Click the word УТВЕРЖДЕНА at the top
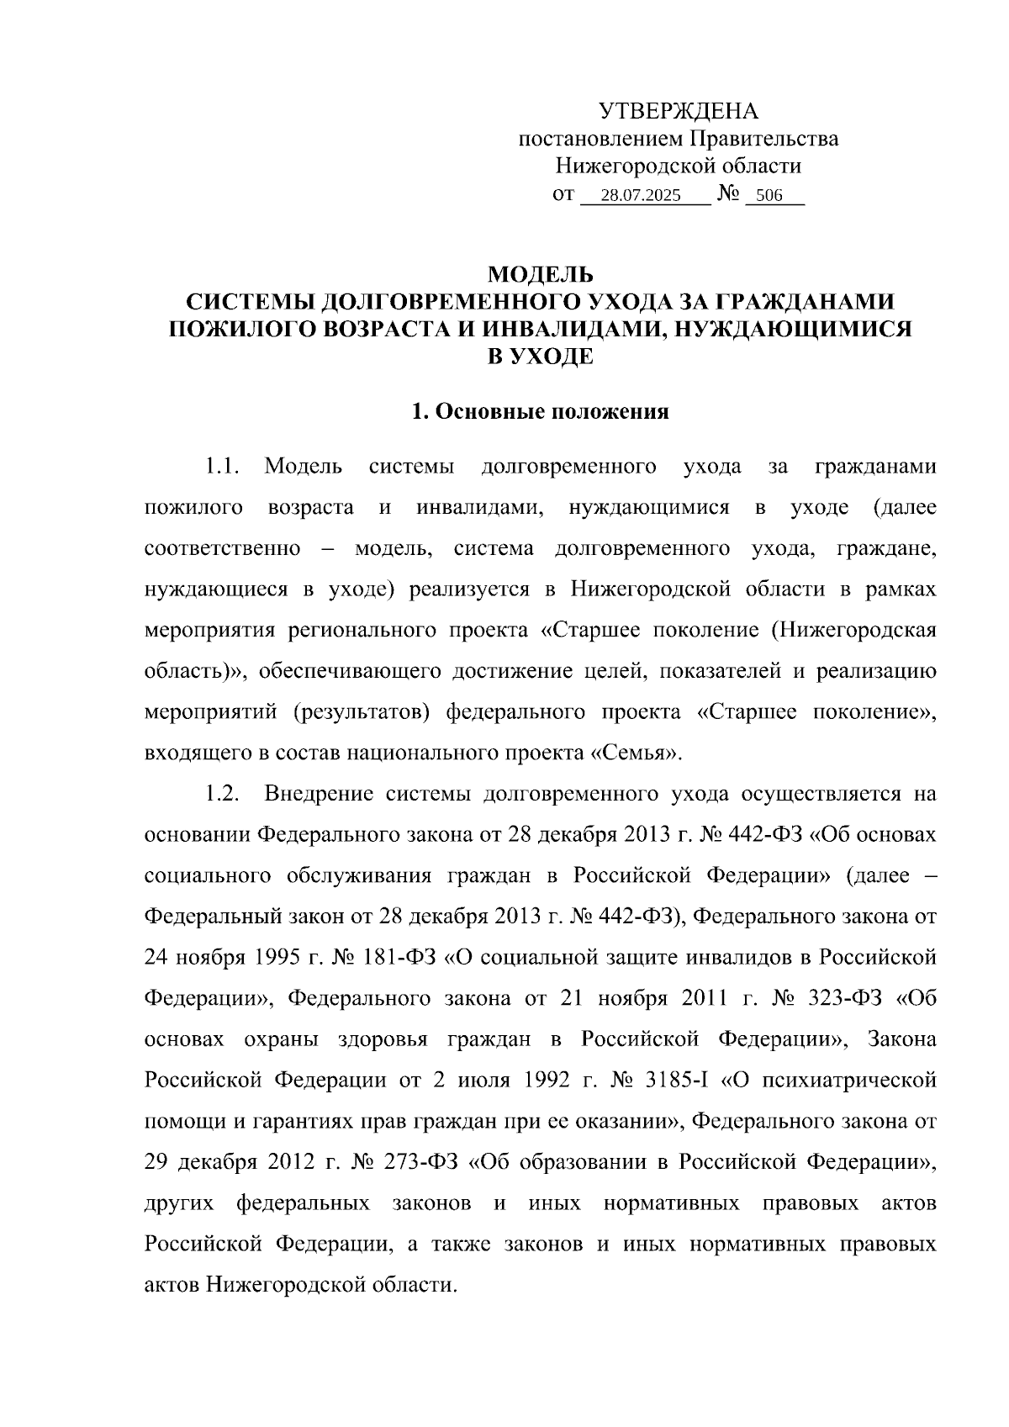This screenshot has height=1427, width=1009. point(678,111)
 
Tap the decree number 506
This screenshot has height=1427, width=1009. point(769,197)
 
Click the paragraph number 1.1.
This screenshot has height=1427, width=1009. point(225,467)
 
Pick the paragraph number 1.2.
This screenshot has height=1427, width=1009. point(225,795)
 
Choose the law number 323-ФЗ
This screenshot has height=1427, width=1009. point(843,999)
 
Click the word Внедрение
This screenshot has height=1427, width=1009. point(319,795)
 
